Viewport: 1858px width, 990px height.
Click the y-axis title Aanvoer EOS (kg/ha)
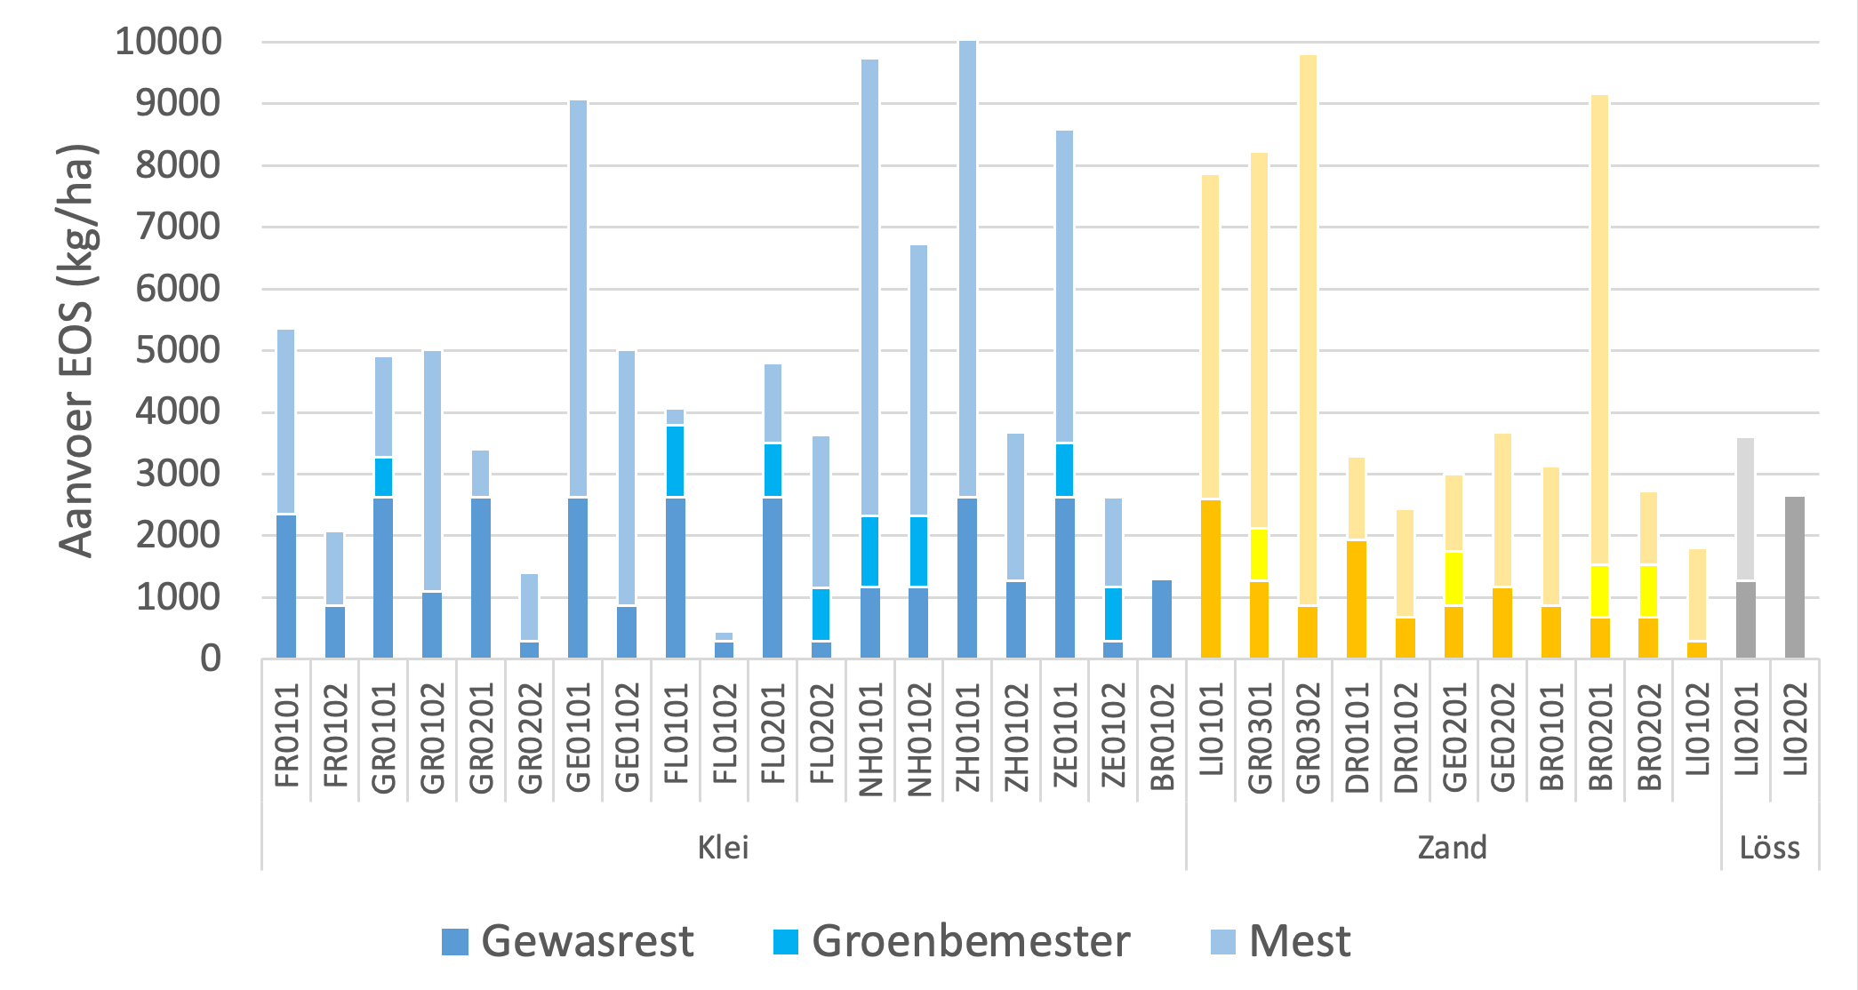click(76, 350)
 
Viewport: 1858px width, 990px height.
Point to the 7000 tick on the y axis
click(178, 227)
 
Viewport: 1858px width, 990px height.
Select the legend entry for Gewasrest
click(567, 941)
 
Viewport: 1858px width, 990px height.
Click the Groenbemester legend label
click(951, 941)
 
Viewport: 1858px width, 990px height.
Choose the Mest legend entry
click(1280, 941)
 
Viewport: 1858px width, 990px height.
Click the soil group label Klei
click(723, 847)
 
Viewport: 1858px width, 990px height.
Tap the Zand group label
click(1452, 847)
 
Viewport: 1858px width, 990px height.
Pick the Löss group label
click(1769, 847)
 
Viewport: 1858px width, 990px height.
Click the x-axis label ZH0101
click(967, 738)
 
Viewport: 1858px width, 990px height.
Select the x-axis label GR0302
click(1308, 738)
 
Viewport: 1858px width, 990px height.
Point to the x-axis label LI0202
click(1795, 729)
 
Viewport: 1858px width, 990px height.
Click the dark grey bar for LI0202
click(1795, 578)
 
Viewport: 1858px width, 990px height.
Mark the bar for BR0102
click(1162, 619)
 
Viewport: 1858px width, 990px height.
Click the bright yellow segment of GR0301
click(1259, 555)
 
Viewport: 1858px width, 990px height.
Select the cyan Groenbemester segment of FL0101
click(676, 461)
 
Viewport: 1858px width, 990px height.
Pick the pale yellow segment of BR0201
click(1599, 329)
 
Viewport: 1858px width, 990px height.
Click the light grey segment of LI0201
click(1746, 509)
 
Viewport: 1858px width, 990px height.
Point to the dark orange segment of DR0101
click(1357, 599)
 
